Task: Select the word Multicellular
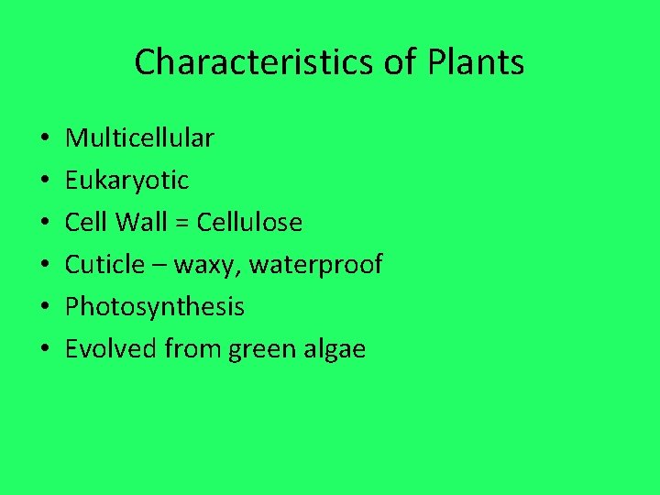tap(139, 138)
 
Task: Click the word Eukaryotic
tap(126, 181)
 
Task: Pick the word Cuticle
tap(104, 265)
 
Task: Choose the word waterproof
tap(315, 266)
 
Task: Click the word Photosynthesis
tap(154, 307)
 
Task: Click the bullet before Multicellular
tap(44, 139)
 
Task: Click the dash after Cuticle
tap(159, 266)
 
